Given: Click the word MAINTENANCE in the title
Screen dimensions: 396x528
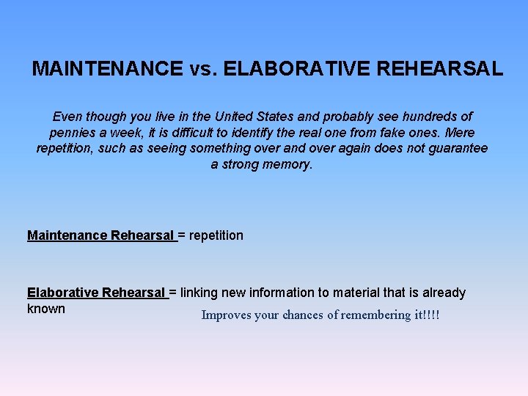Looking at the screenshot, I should (108, 69).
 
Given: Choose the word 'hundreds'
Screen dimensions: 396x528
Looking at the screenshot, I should (427, 117).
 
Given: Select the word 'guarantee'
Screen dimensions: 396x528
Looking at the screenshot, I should (457, 149).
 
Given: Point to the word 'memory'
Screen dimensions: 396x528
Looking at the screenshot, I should (285, 164).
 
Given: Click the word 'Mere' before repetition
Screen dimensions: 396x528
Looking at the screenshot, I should (459, 133).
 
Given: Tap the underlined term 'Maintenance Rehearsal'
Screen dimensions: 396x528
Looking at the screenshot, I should (100, 235).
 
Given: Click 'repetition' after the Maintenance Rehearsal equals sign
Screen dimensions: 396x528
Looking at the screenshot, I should (216, 235).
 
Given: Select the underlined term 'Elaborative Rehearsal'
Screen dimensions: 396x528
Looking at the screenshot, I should (96, 293).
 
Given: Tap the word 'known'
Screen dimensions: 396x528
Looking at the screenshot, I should (46, 309).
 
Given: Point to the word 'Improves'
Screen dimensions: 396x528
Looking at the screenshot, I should (226, 315).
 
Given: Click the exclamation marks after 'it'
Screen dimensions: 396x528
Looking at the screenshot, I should (432, 315).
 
